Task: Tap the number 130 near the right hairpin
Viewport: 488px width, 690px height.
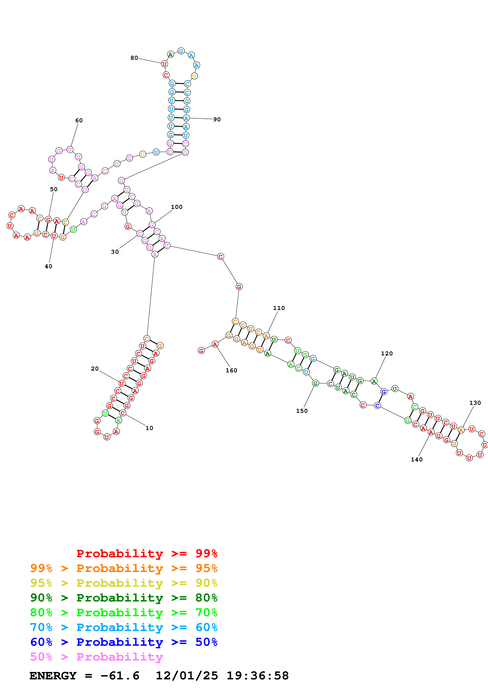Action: pos(475,403)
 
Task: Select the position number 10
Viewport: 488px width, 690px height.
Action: pos(149,428)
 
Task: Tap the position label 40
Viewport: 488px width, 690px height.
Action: pos(48,266)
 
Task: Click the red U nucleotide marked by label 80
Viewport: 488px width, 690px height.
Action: pos(164,64)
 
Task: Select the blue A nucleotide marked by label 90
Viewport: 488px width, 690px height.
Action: pos(186,118)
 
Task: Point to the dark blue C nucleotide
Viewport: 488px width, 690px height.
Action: pos(377,405)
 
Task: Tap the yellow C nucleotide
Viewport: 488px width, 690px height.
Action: pos(143,154)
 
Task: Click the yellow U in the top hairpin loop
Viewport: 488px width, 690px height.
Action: pos(194,76)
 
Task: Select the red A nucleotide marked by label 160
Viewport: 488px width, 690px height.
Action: pos(215,344)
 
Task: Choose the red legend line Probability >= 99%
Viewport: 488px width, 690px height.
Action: pos(147,553)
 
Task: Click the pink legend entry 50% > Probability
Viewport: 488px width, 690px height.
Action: pos(96,657)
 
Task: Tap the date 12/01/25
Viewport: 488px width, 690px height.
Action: pos(186,676)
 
